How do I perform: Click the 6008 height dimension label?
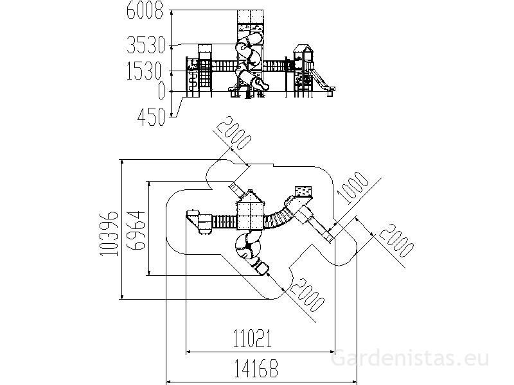145,10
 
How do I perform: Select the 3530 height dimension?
146,45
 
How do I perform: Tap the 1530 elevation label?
144,71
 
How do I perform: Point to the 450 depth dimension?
151,117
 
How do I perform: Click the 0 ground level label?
161,90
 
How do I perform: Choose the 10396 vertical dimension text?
109,233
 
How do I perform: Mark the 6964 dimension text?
136,230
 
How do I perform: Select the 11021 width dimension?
253,338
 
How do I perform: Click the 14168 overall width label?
256,368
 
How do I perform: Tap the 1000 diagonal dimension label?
353,188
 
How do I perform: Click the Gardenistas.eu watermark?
410,358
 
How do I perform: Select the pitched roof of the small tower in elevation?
304,49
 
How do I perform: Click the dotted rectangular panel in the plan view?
303,191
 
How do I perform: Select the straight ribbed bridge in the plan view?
224,221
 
